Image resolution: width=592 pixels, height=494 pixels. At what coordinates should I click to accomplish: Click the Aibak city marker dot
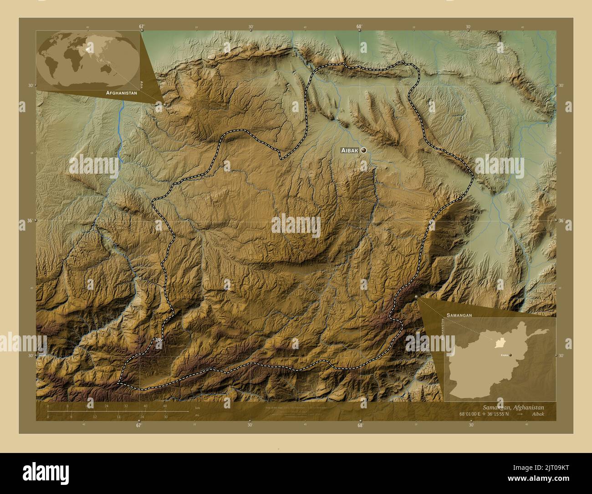(x=363, y=150)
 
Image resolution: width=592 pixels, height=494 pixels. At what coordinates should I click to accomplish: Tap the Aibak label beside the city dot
(x=350, y=150)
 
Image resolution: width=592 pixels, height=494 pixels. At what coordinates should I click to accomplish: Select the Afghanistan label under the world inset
(x=121, y=93)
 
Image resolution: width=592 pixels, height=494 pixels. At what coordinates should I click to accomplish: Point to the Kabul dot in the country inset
(x=510, y=355)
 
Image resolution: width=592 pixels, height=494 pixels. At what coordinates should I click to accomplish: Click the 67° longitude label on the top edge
(x=142, y=26)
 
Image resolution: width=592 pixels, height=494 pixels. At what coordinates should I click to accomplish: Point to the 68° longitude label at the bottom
(x=360, y=426)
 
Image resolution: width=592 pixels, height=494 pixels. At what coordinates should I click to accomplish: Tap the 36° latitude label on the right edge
(x=561, y=221)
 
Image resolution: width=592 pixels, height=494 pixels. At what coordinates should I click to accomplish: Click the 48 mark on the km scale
(x=165, y=406)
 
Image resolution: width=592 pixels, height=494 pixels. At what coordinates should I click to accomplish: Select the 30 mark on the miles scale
(x=166, y=417)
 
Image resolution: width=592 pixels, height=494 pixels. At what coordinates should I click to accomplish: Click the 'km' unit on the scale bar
(x=197, y=408)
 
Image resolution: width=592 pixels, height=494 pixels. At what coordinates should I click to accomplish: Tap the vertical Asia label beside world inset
(x=142, y=84)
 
